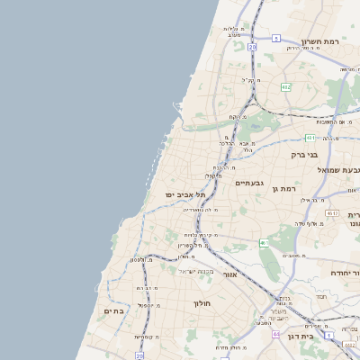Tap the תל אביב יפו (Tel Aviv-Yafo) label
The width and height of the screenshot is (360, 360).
pos(185,194)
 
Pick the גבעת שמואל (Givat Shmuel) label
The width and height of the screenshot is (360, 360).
pos(340,169)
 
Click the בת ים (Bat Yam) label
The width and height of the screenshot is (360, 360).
pos(113,311)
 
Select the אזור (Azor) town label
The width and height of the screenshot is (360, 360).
pos(229,274)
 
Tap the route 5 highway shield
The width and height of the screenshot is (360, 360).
pos(276,39)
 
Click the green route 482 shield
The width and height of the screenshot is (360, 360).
pos(285,86)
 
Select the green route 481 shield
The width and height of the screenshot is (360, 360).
pos(310,138)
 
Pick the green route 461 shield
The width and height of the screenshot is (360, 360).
pos(265,244)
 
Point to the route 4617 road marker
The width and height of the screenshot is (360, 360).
pos(333,213)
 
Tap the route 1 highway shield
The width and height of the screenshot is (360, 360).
pos(329,335)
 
